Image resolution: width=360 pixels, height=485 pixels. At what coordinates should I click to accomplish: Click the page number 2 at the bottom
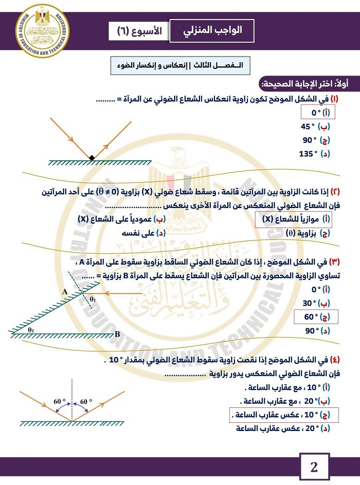[314, 468]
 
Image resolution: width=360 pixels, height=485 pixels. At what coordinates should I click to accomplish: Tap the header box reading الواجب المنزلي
[213, 31]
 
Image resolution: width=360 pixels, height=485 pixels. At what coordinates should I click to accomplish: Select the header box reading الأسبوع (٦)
[137, 31]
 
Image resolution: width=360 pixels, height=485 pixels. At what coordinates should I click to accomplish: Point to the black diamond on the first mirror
[92, 158]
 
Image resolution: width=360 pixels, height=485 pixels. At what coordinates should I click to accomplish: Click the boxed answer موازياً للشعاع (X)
[294, 219]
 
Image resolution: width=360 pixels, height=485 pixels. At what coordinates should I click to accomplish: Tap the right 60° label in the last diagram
[84, 401]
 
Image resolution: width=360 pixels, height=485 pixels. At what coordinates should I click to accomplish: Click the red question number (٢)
[334, 192]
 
